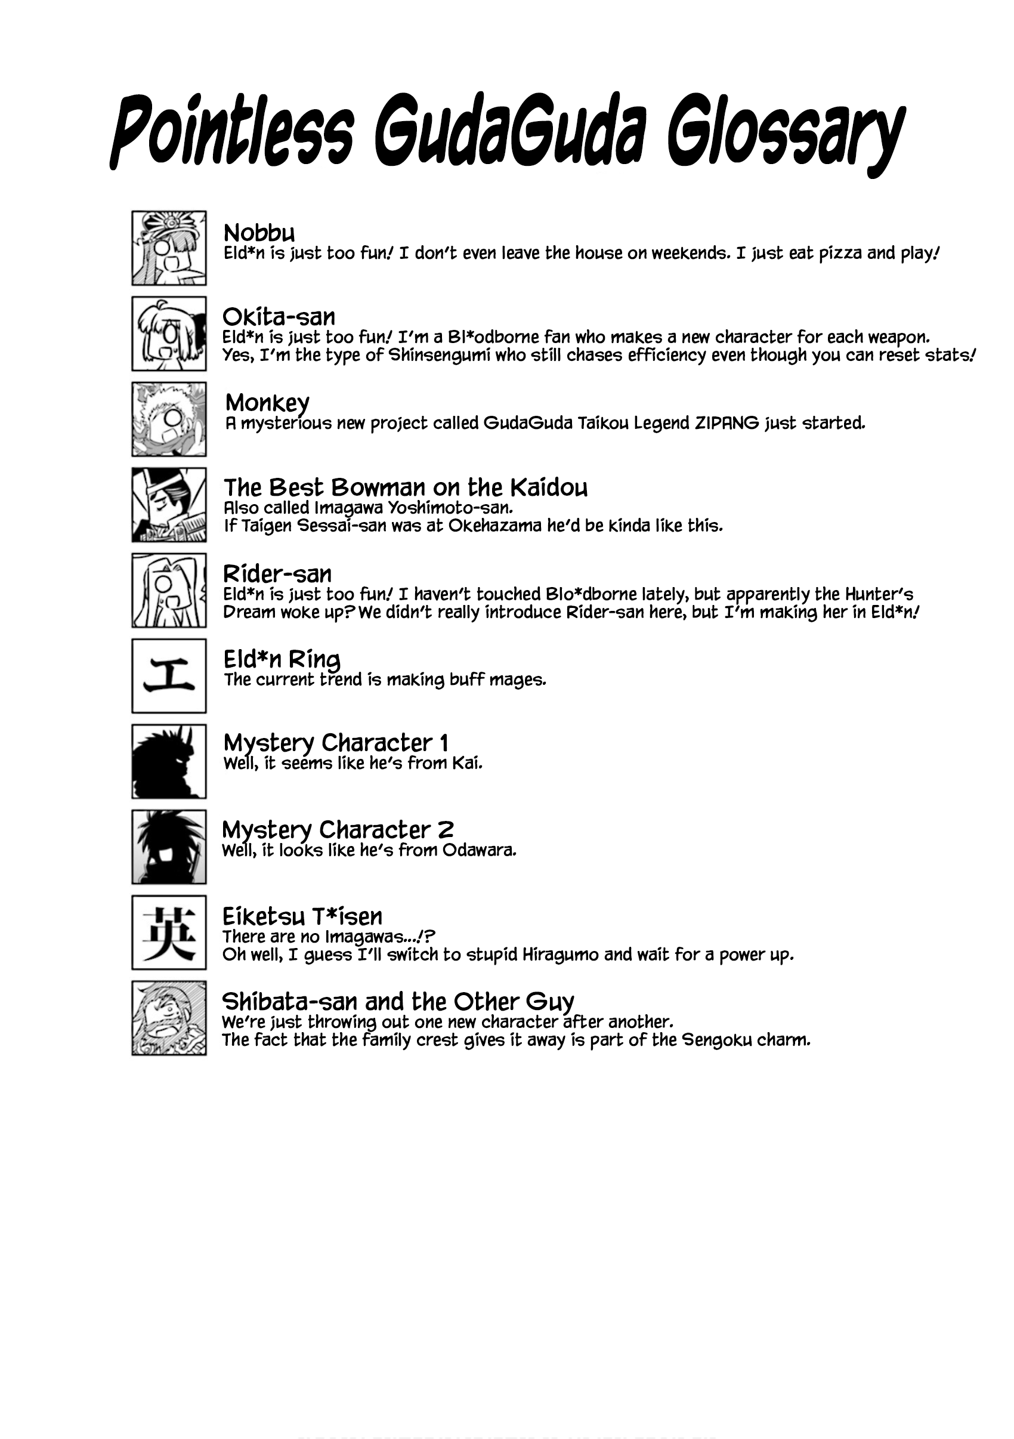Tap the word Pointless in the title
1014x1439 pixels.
232,133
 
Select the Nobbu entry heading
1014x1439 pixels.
259,233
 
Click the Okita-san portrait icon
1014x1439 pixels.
169,333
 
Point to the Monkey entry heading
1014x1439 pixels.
267,402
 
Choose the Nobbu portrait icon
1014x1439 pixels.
169,248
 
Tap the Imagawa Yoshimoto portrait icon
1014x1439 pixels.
169,505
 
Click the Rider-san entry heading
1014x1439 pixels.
277,574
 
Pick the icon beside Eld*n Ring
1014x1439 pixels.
169,675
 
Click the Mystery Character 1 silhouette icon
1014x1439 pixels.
169,761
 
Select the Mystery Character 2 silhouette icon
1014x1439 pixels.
169,847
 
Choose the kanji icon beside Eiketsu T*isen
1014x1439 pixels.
169,932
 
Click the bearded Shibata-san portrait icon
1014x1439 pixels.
169,1018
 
